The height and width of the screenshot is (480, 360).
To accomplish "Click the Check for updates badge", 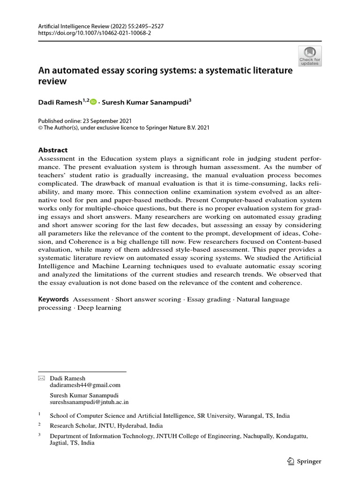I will point(310,56).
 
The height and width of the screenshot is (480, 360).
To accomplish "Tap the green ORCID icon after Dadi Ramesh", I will point(93,101).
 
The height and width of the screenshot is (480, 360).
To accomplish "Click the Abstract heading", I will point(52,150).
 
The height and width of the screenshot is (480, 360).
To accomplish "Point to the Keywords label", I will point(53,299).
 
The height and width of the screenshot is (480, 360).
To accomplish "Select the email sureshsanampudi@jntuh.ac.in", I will point(89,402).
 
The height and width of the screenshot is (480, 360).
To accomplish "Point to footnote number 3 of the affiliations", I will point(40,435).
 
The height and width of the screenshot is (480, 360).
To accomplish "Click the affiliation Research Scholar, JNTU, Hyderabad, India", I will point(106,426).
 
